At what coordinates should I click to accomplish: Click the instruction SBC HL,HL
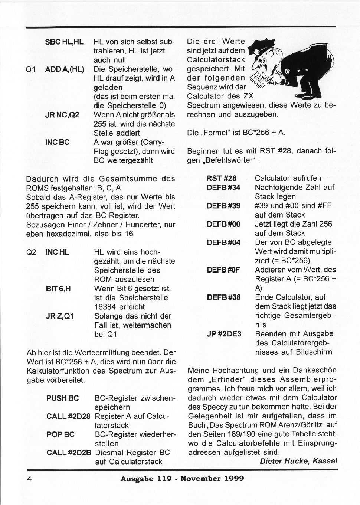[x=64, y=42]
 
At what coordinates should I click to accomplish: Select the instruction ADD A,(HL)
[x=65, y=69]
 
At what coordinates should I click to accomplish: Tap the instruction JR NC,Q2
[x=62, y=115]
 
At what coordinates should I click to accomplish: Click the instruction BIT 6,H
[x=58, y=289]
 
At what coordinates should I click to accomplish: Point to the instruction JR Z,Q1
[x=59, y=316]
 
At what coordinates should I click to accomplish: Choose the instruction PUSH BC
[x=63, y=398]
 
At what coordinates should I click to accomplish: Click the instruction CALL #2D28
[x=68, y=416]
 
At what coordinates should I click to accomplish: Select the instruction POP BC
[x=60, y=434]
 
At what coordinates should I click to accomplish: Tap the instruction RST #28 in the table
[x=221, y=178]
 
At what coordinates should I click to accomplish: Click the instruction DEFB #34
[x=223, y=188]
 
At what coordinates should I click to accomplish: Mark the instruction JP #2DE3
[x=224, y=334]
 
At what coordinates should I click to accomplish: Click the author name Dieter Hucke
[x=284, y=461]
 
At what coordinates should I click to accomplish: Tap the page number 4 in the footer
[x=29, y=478]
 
